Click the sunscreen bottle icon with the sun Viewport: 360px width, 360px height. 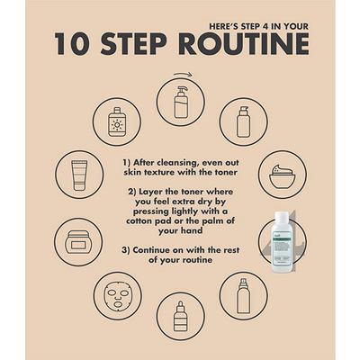pos(117,122)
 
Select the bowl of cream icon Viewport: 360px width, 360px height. pos(283,175)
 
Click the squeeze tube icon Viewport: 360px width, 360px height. pos(79,175)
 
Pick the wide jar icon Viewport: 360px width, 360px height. pos(78,242)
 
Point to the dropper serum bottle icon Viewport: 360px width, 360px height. pos(180,316)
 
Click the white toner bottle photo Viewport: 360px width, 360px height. pos(282,242)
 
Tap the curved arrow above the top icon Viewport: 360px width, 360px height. pos(182,74)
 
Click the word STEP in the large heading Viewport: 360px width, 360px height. pos(133,44)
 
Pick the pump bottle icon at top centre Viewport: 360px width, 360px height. pos(180,102)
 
